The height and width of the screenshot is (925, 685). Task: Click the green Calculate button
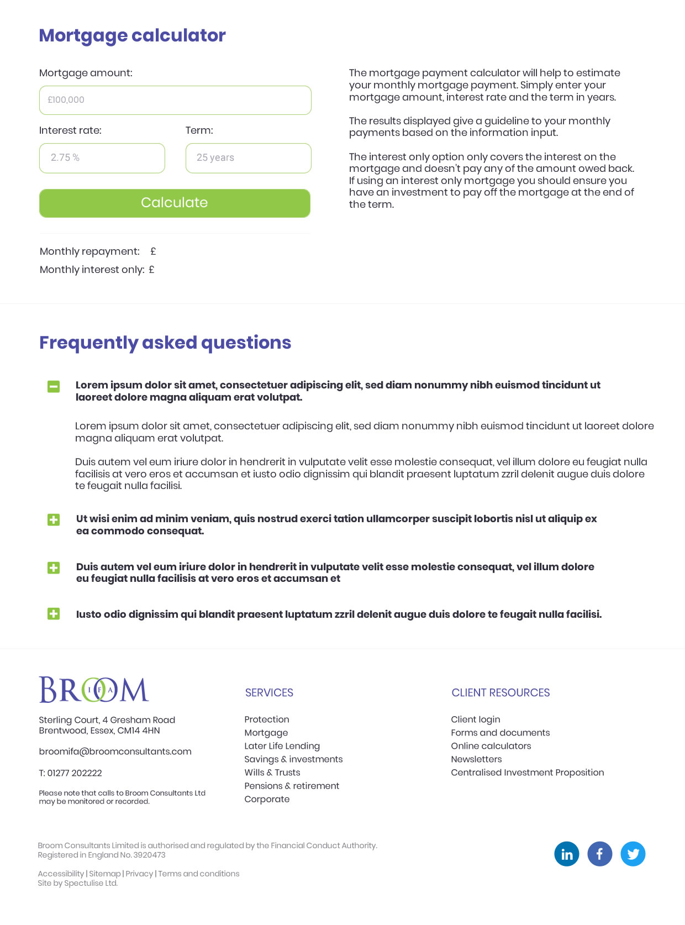[x=175, y=203]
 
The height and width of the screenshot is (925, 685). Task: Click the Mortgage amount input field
[x=175, y=100]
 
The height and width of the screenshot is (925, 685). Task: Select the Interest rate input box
[x=102, y=158]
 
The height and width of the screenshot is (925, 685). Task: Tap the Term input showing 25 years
[x=248, y=158]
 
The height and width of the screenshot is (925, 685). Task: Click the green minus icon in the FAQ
[x=54, y=387]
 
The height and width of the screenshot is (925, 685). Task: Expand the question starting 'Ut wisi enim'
[x=54, y=520]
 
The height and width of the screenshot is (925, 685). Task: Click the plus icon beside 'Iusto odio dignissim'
[x=54, y=614]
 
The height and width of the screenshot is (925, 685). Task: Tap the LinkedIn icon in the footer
[x=566, y=854]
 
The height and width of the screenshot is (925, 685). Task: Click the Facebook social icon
[x=599, y=854]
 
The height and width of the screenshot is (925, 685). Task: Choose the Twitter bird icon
[x=633, y=854]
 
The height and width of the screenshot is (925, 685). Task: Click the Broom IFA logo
[x=94, y=690]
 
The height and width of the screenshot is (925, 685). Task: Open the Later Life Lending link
[x=282, y=746]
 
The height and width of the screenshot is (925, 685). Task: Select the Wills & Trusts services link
[x=272, y=772]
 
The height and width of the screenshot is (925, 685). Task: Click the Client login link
[x=475, y=719]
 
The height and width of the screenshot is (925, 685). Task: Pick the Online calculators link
[x=491, y=746]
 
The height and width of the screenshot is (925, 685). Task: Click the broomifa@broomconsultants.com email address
[x=115, y=751]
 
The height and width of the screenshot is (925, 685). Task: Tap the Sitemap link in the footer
[x=104, y=874]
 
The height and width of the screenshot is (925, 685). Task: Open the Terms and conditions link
[x=199, y=874]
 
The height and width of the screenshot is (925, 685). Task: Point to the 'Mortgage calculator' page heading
[x=132, y=35]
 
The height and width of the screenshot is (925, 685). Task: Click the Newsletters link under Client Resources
[x=476, y=759]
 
